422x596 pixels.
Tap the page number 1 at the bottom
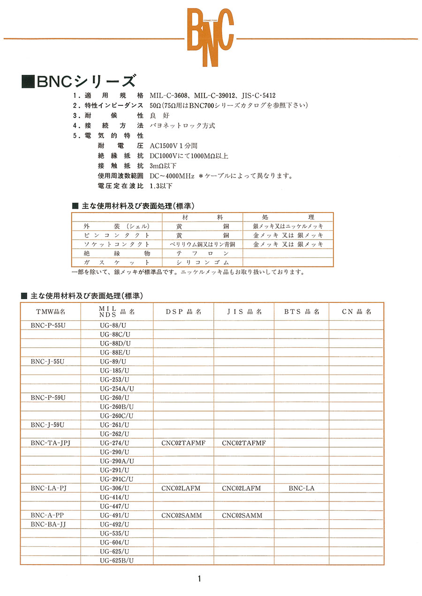tap(199, 579)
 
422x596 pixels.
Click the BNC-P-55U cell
tap(48, 325)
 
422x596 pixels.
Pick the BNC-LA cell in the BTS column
tap(301, 488)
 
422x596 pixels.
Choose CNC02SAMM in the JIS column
tap(242, 515)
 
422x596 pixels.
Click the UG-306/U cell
tap(114, 488)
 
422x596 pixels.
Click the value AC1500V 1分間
tap(173, 146)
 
